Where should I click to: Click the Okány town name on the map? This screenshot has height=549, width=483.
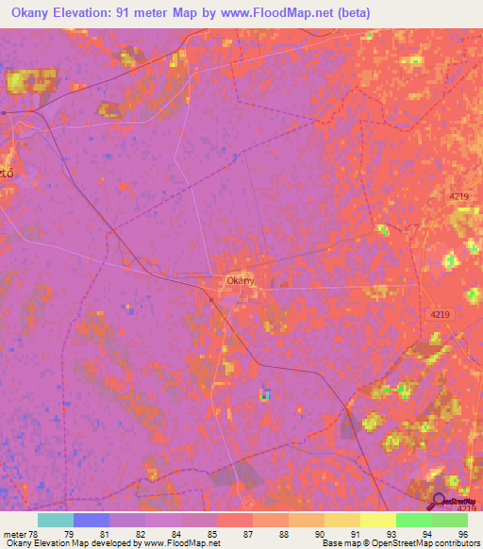(x=240, y=280)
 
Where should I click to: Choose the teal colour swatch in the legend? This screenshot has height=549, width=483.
(x=56, y=520)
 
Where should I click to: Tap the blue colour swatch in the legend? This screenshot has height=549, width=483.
(x=92, y=520)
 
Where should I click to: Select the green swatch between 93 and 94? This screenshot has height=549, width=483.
(x=414, y=520)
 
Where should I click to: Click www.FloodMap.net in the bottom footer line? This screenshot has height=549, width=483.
(x=180, y=543)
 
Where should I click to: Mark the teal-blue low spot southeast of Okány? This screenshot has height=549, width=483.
(x=266, y=393)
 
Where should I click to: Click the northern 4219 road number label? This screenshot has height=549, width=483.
(x=459, y=194)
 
